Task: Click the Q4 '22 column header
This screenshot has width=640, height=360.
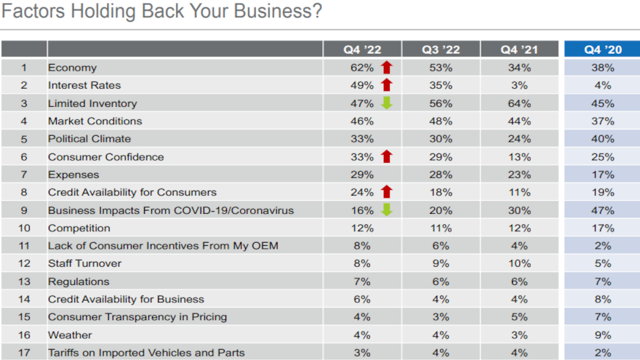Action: pos(362,49)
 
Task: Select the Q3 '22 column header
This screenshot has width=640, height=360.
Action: pos(441,49)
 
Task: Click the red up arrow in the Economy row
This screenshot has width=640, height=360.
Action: pos(386,68)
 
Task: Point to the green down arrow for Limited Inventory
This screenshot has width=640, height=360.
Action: pos(386,103)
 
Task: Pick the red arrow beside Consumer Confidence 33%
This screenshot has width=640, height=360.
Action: pos(386,156)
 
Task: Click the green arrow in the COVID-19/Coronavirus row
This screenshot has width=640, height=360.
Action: pos(386,210)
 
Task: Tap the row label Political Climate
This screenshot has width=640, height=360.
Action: pos(89,139)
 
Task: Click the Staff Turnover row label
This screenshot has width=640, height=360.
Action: pos(84,263)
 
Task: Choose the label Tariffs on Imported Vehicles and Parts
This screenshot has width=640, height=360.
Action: pos(146,353)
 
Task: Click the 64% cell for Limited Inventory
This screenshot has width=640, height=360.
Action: pos(519,103)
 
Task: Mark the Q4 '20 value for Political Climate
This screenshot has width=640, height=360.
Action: pos(603,139)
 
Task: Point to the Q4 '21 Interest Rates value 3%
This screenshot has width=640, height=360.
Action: pos(519,85)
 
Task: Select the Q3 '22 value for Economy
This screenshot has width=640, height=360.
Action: pos(441,68)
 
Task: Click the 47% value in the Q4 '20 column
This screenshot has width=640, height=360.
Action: pos(603,210)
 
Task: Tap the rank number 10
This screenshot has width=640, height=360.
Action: pos(24,228)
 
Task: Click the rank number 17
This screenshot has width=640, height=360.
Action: pos(24,353)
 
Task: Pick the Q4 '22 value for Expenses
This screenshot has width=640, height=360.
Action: pos(362,175)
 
